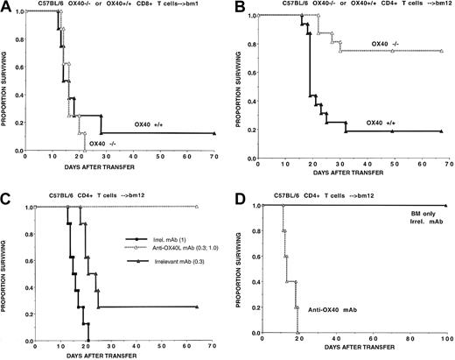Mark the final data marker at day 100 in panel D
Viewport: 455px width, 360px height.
[x=444, y=206]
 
